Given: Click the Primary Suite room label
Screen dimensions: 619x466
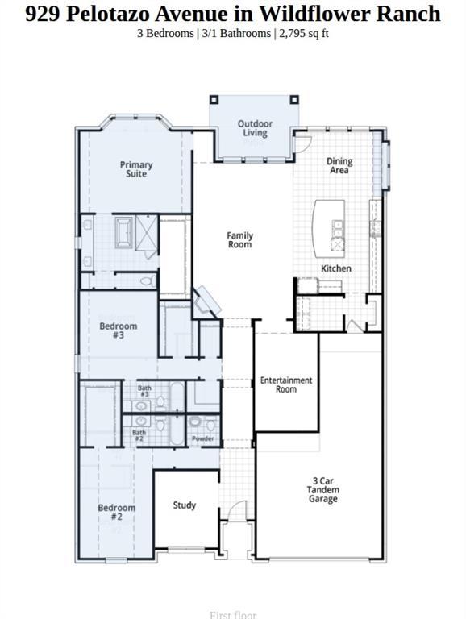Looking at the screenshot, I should pos(136,169).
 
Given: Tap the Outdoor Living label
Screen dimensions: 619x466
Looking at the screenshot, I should pos(255,128).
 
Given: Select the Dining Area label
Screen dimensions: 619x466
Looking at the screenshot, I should pos(339,166).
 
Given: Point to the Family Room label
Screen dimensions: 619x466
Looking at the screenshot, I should pos(239,239).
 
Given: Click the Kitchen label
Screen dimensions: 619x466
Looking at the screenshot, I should pos(336,268).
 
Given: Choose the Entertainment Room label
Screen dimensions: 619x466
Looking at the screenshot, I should pos(285,384).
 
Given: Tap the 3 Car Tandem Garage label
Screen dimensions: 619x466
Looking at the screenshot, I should pos(322,490).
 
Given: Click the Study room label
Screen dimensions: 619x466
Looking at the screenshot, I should pos(185,505).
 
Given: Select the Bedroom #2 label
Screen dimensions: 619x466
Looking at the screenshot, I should pos(117,512).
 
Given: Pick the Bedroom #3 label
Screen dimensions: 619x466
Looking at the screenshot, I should pos(119,330).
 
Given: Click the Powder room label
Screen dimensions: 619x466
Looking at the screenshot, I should pos(203,438).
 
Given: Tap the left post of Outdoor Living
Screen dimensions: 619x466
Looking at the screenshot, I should pos(214,100).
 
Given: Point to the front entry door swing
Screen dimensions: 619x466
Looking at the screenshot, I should pos(235,513).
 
